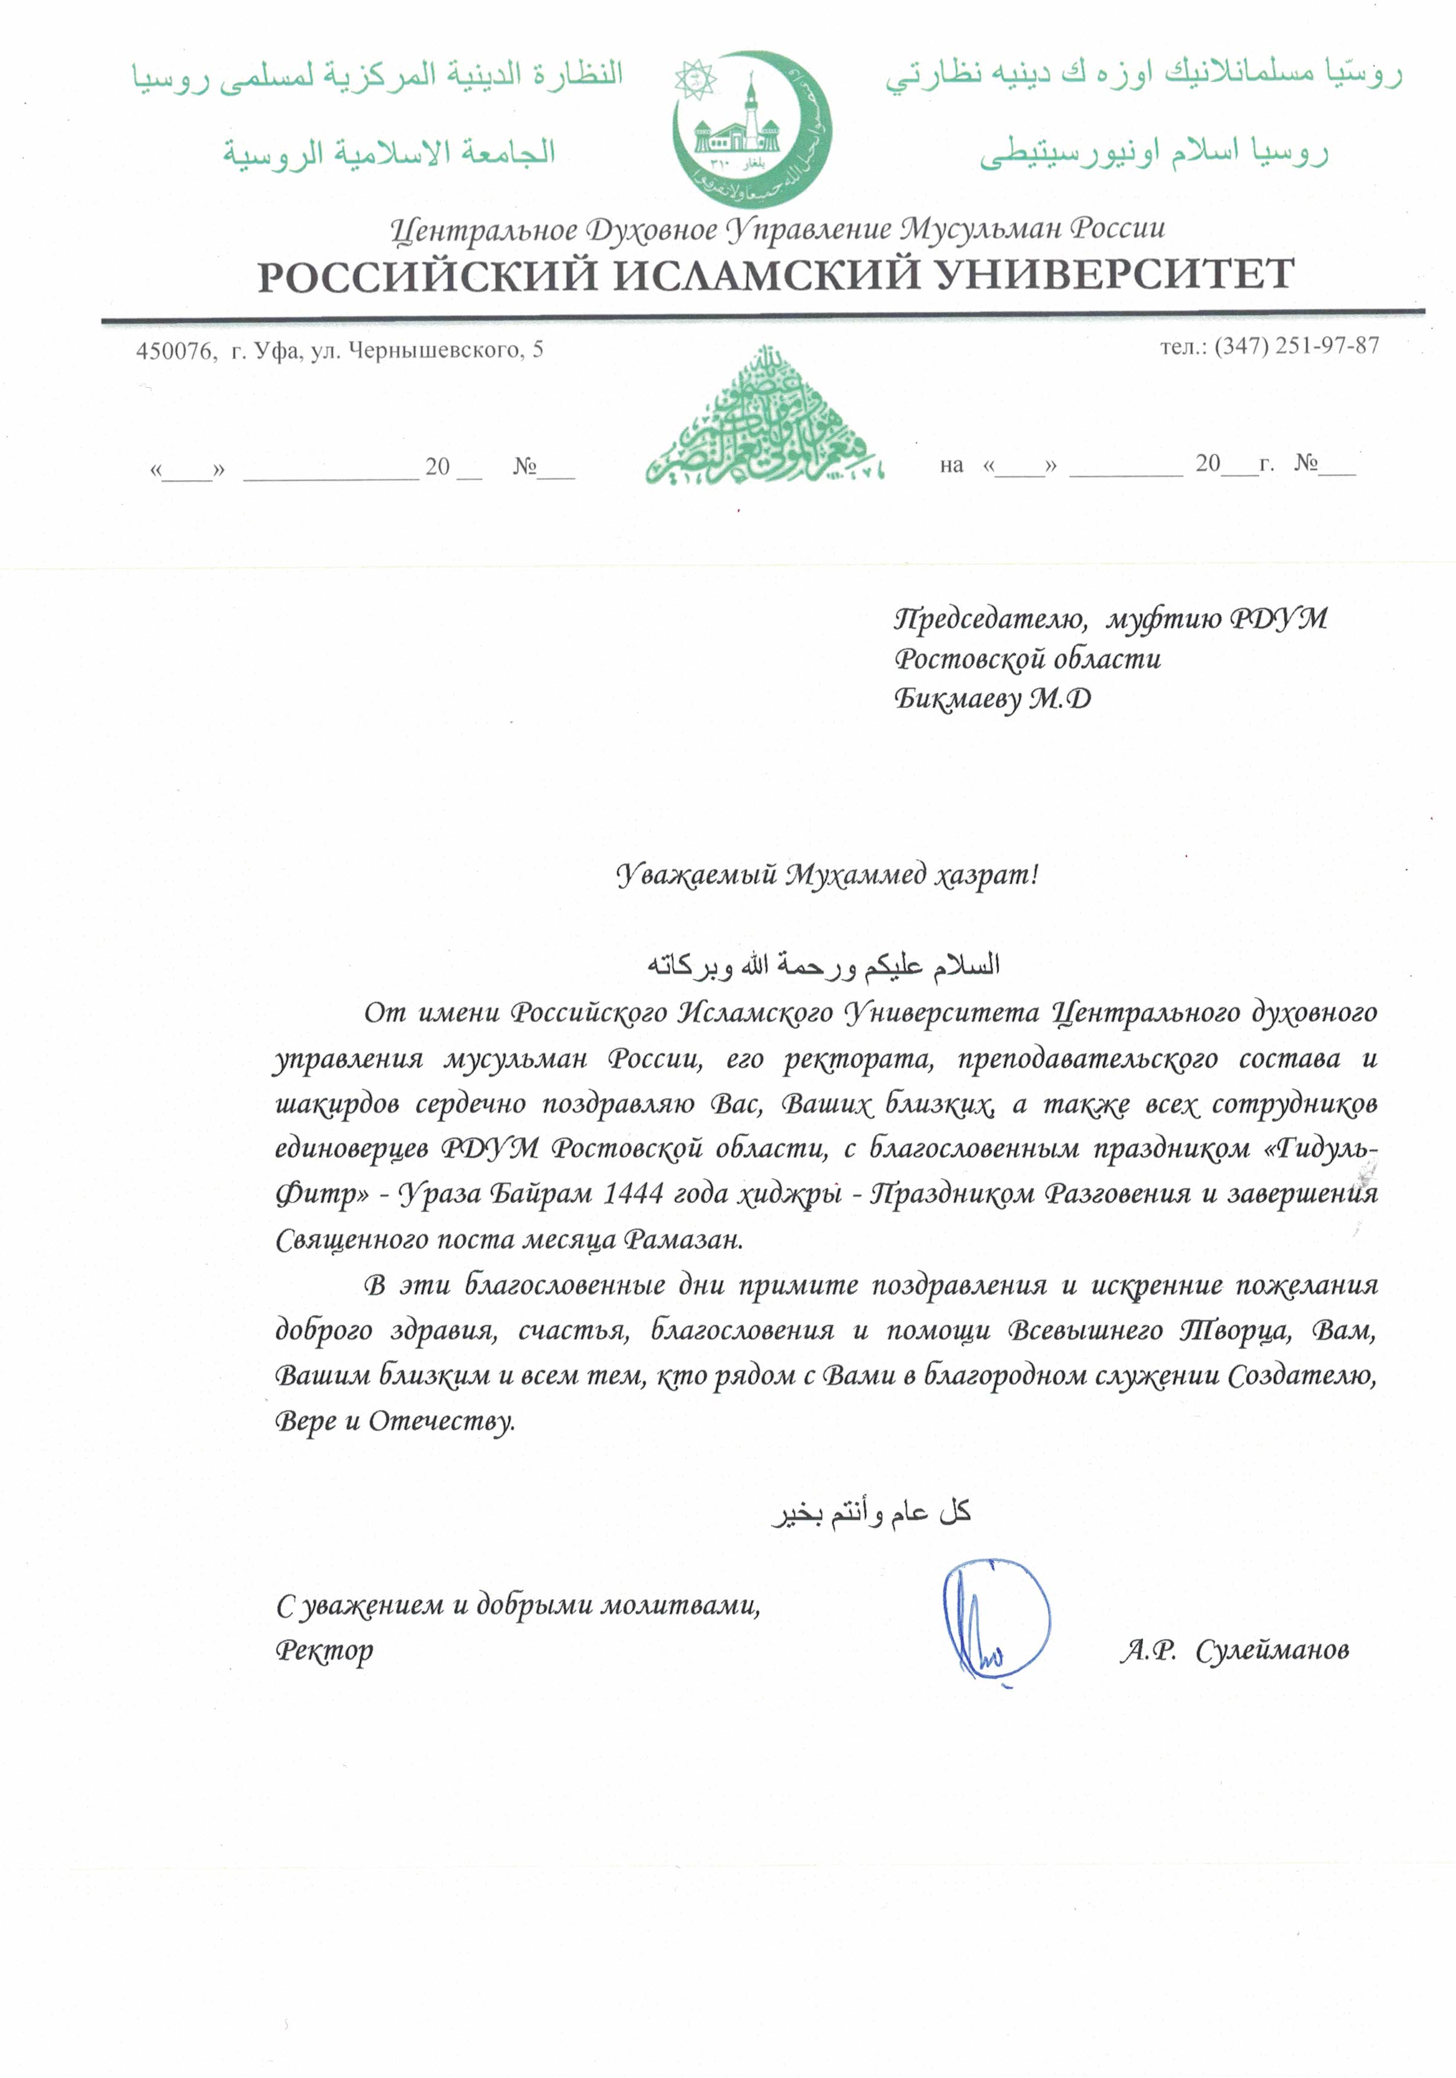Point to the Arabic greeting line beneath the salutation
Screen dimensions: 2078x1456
823,966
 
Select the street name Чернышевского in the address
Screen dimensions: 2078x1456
435,350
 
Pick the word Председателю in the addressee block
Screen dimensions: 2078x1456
989,619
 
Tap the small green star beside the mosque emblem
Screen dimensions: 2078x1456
694,80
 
